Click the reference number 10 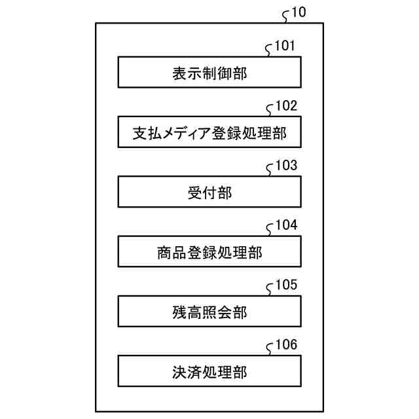click(297, 12)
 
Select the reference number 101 click(285, 46)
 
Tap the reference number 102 click(285, 105)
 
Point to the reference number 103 click(285, 165)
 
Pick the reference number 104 click(285, 225)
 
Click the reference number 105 click(285, 285)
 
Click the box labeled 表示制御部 click(209, 73)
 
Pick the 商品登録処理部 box click(209, 252)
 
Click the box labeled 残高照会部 click(209, 312)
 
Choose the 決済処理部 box click(209, 372)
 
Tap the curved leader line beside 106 click(269, 349)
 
